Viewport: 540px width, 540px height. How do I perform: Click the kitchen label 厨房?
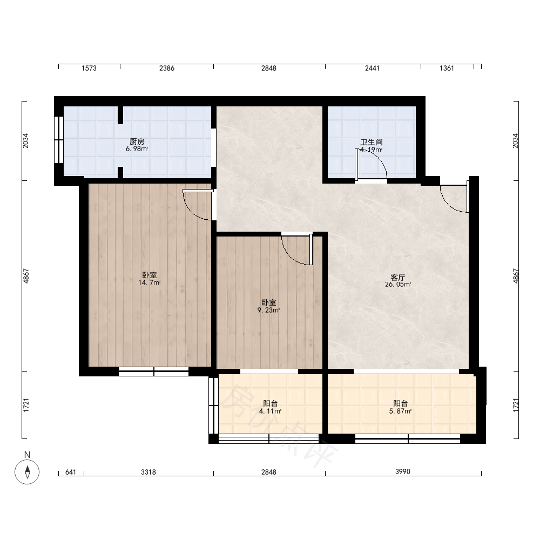point(137,141)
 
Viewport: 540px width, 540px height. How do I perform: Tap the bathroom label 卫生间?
point(372,142)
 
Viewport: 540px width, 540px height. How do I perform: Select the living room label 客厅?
point(398,277)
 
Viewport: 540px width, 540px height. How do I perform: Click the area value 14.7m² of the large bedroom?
point(149,283)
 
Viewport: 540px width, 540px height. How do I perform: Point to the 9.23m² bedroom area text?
point(268,310)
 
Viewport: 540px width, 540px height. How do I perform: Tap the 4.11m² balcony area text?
point(271,411)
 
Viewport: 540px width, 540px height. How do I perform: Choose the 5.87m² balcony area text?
point(401,411)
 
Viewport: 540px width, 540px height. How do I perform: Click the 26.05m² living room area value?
point(398,285)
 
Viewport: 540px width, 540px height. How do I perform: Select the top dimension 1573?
point(89,68)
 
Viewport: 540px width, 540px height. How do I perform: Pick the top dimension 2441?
point(372,68)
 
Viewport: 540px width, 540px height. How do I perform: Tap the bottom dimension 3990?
point(403,471)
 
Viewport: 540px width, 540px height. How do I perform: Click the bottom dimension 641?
point(71,472)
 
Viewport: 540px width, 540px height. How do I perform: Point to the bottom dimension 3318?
point(148,472)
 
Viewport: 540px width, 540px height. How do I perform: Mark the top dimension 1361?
point(447,68)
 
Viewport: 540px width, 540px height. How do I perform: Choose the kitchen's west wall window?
point(58,140)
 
